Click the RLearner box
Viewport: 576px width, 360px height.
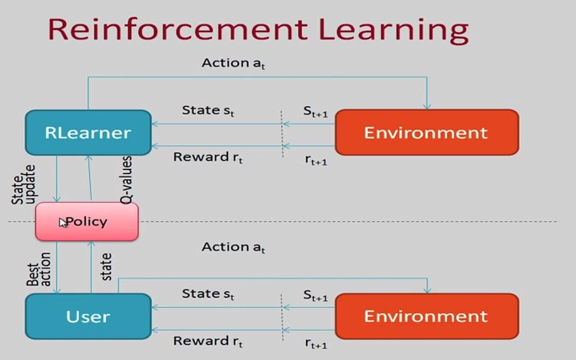tap(87, 133)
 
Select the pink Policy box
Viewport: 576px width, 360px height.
tap(87, 222)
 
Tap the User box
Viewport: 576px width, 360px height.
tap(87, 316)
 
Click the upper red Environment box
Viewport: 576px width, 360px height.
tap(426, 133)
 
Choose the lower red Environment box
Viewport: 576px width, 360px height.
tap(426, 316)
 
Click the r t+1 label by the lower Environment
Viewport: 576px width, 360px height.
tap(315, 343)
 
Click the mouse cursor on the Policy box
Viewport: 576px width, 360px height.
tap(63, 223)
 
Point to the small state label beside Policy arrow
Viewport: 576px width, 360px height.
tap(107, 267)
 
